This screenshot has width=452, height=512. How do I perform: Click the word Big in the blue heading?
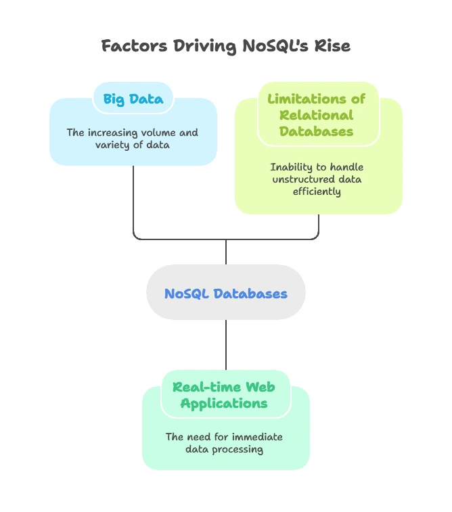(x=114, y=99)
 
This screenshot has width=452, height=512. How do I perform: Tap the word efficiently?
(x=317, y=191)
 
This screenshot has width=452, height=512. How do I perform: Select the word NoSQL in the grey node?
(x=186, y=294)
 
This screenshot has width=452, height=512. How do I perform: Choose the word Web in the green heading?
(x=260, y=388)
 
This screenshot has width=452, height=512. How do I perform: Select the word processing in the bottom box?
(x=238, y=449)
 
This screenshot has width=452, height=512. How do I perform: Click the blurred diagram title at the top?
(x=225, y=46)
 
